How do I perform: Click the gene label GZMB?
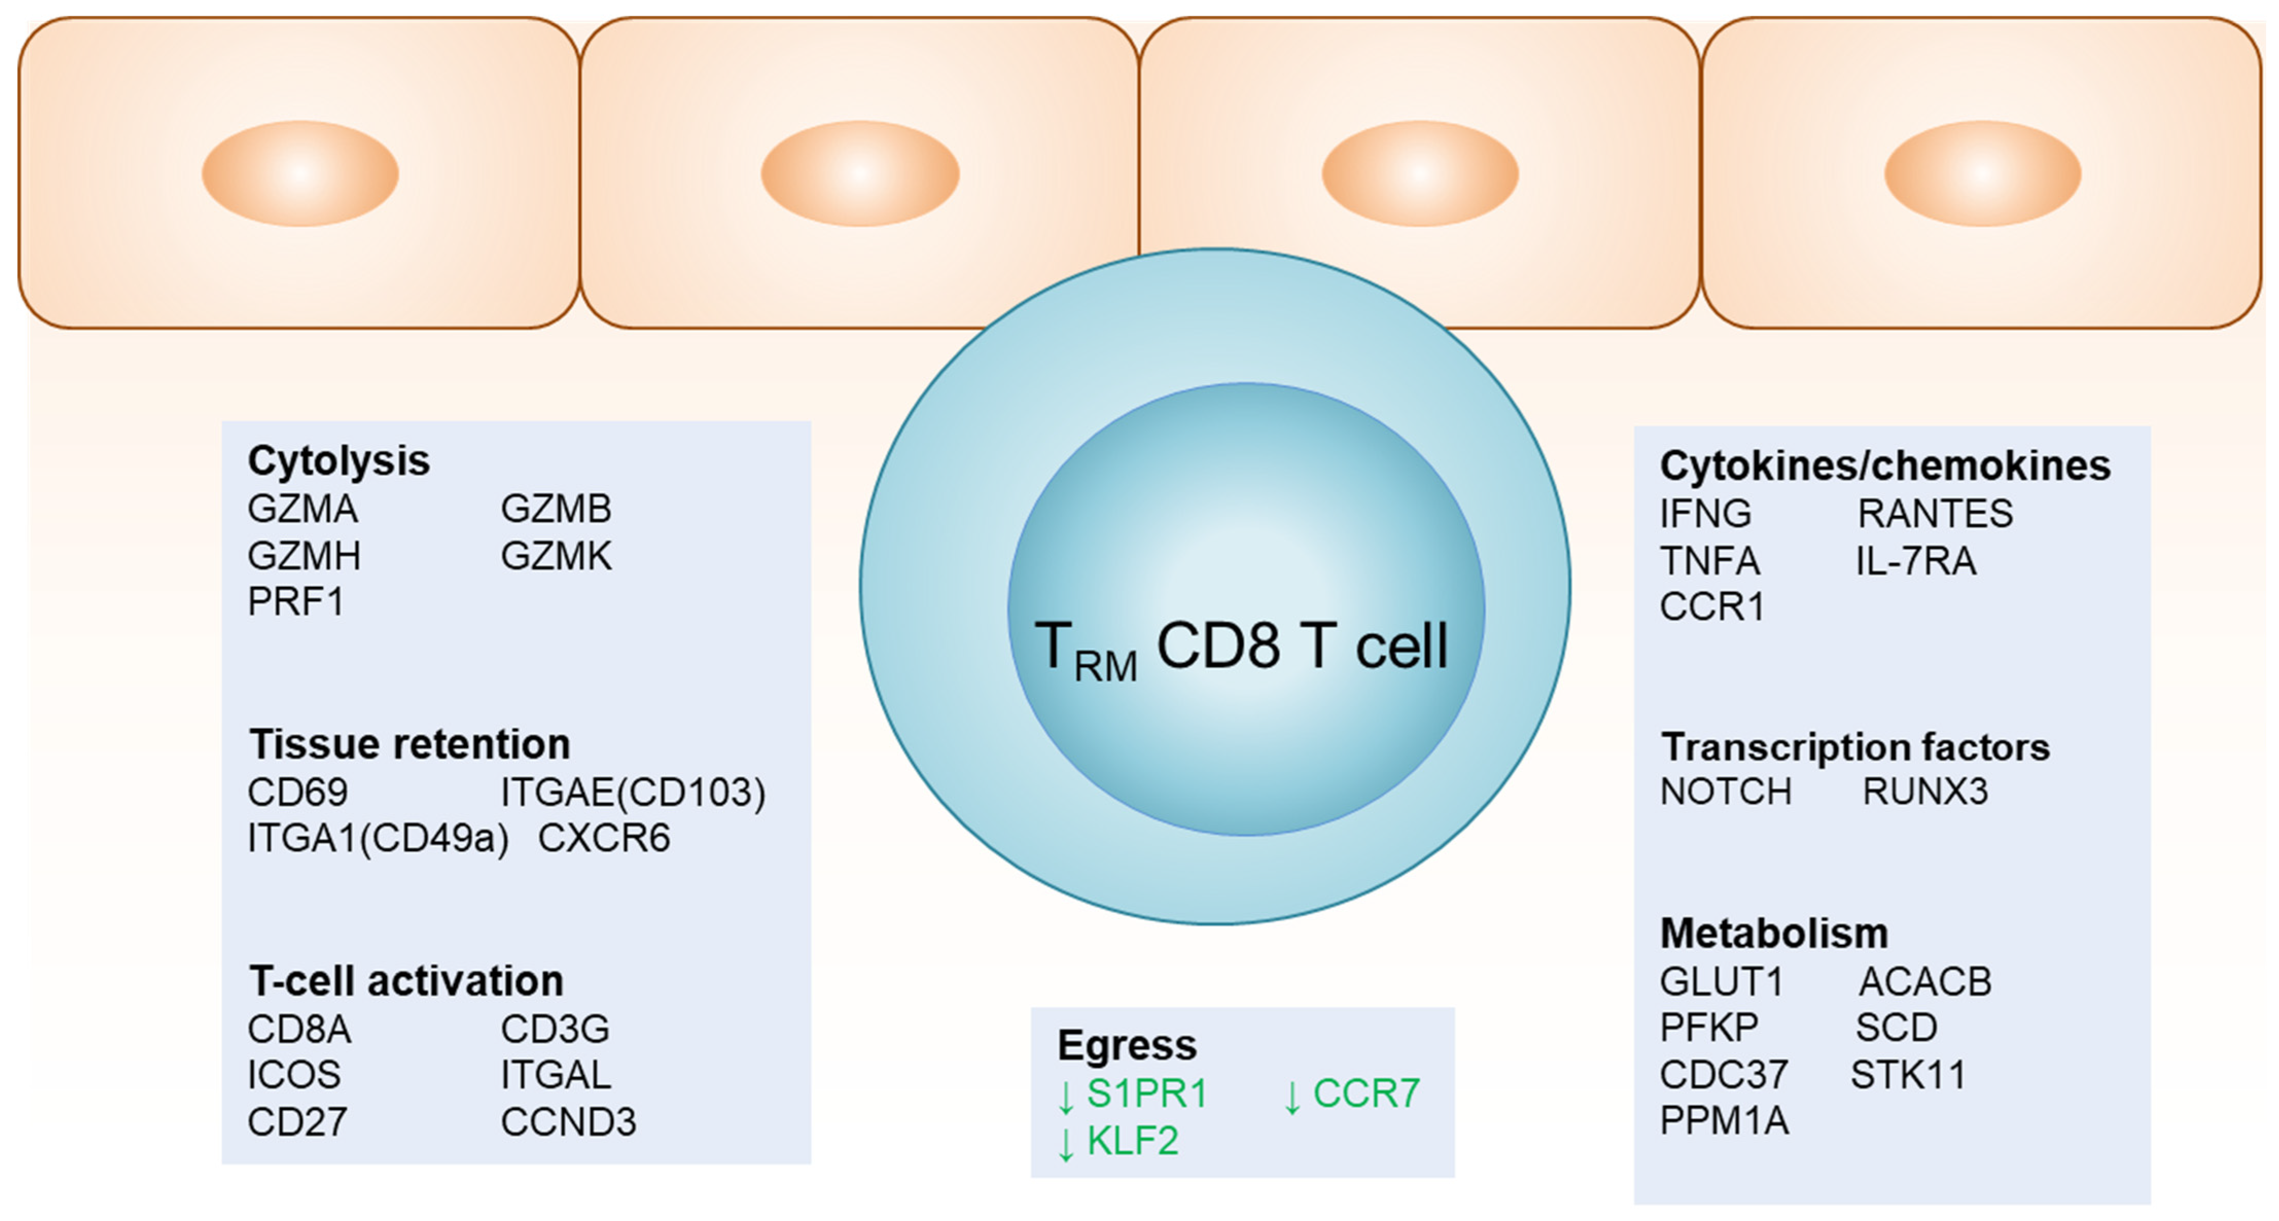556,509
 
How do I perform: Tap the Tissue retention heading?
409,744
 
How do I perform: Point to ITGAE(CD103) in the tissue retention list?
633,792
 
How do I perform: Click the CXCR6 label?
604,838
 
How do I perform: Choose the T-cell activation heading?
406,980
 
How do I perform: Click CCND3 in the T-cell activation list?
568,1122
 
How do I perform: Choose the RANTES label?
1935,513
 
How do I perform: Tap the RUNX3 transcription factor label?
1925,791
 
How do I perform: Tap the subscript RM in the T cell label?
1105,666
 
